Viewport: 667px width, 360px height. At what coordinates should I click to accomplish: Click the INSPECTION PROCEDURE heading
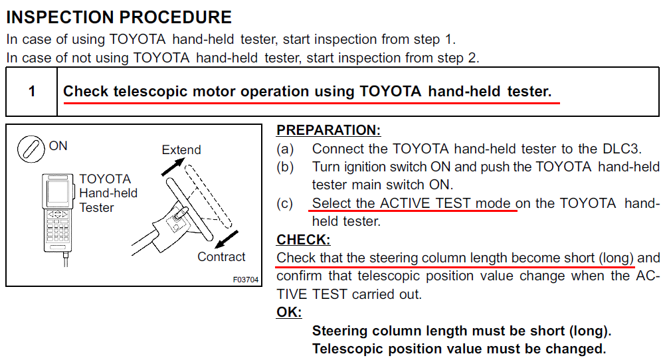coord(119,17)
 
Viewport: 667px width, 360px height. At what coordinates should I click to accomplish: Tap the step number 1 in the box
coord(31,92)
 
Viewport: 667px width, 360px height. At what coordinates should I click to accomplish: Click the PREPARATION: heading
coord(328,130)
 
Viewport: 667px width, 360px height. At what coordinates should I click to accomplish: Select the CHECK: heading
coord(304,240)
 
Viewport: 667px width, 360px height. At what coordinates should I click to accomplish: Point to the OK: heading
coord(289,312)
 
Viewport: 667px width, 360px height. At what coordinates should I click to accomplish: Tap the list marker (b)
coord(285,167)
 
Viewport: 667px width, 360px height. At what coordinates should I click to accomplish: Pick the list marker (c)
coord(285,203)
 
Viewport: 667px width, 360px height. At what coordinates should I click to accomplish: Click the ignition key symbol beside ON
coord(31,149)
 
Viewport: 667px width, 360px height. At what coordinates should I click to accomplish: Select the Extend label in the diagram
coord(181,150)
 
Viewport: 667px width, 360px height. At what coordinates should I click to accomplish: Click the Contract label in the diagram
coord(221,256)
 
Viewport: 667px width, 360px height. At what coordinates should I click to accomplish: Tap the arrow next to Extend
coord(173,166)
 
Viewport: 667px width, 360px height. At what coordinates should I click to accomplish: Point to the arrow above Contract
coord(227,240)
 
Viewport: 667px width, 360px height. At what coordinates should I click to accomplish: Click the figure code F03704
coord(245,280)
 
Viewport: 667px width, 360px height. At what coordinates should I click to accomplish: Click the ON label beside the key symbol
coord(58,146)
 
